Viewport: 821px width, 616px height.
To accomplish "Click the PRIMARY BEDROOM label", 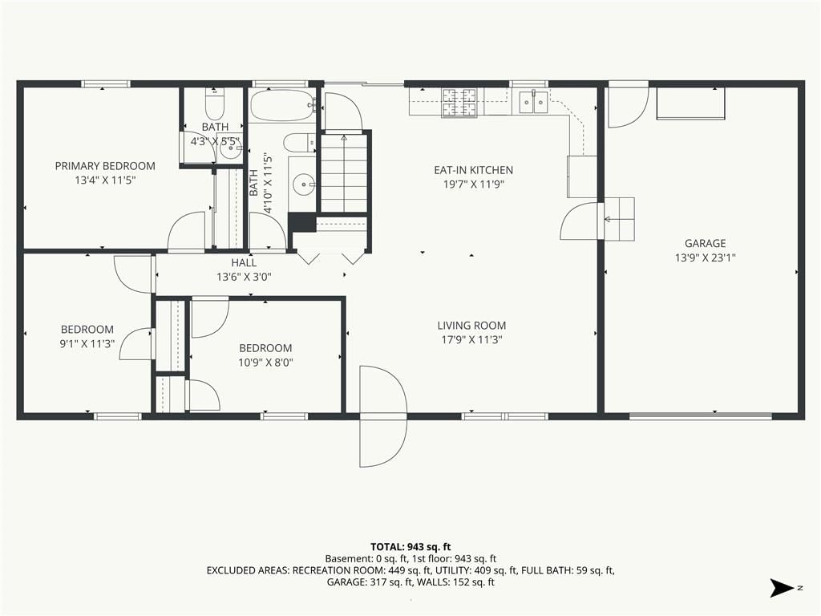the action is click(x=105, y=166).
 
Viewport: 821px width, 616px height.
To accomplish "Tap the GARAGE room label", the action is click(x=705, y=243).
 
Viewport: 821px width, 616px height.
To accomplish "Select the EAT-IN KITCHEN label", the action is click(x=473, y=170).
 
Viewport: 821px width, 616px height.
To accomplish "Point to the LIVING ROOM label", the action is click(x=471, y=326).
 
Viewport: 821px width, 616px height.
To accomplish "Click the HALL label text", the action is click(x=244, y=262).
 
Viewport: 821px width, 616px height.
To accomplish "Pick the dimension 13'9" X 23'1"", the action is click(x=705, y=257).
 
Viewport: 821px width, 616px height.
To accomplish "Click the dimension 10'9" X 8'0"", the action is click(x=265, y=362).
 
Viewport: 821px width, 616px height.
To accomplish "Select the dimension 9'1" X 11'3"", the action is click(x=87, y=343).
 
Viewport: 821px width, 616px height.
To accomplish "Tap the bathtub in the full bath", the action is click(x=282, y=105).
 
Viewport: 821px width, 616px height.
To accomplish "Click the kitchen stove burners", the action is click(x=459, y=102).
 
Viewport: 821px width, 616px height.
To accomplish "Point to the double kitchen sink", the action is click(x=533, y=102).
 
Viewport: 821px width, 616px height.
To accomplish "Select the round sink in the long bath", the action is click(x=302, y=184).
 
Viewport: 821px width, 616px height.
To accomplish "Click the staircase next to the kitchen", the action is click(x=343, y=173).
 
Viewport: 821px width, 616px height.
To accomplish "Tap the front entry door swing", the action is click(x=382, y=416).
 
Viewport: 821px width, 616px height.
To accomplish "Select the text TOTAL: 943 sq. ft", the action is click(x=410, y=547).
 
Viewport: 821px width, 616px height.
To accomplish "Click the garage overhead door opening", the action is click(x=701, y=416).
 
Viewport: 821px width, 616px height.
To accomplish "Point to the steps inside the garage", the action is click(x=620, y=219).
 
